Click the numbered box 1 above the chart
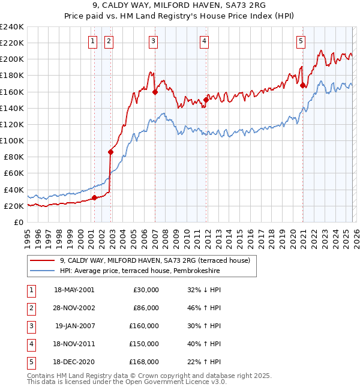(94, 41)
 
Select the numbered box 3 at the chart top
(154, 41)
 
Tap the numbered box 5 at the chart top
(301, 41)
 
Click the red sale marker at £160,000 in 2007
(155, 92)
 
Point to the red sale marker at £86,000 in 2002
(111, 152)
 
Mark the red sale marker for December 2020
(302, 85)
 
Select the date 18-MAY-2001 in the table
(74, 289)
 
